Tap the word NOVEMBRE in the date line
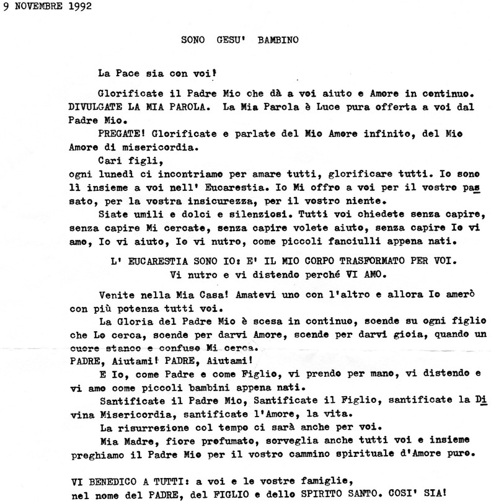click(x=38, y=7)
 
